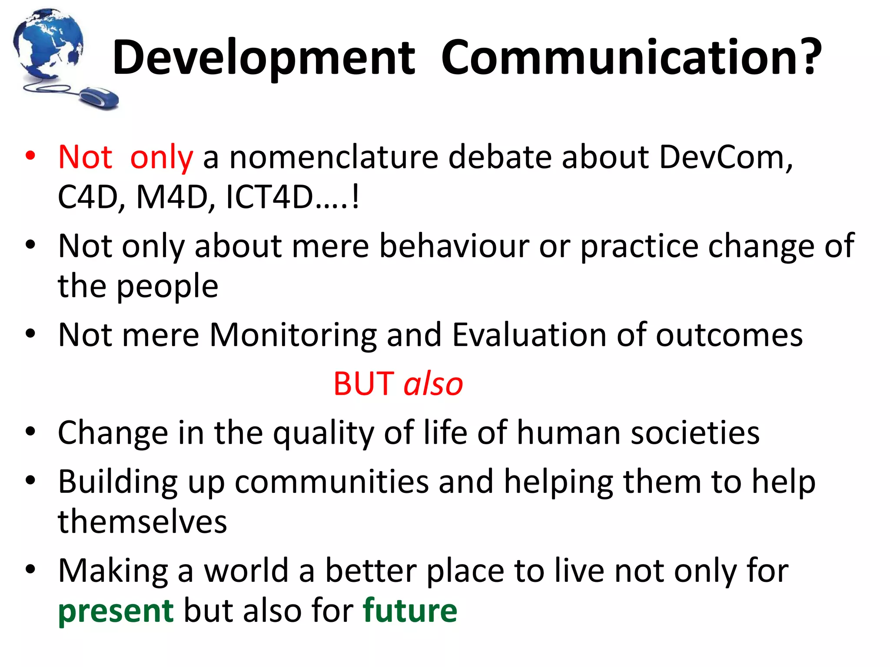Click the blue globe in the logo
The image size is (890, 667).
(48, 43)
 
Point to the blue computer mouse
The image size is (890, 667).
(99, 97)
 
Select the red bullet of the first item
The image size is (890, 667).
(30, 156)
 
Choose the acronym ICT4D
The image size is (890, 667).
(269, 197)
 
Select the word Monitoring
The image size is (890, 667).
(293, 335)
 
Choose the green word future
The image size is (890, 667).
(410, 610)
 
